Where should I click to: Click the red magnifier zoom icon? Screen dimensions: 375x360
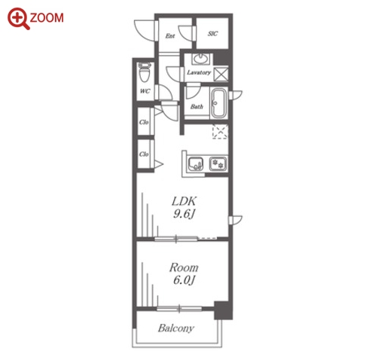(x=18, y=18)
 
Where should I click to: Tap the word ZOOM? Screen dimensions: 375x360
(x=47, y=18)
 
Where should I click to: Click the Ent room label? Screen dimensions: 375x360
(x=170, y=36)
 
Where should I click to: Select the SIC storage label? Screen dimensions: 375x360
(x=212, y=33)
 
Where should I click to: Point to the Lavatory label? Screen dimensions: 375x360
(x=199, y=72)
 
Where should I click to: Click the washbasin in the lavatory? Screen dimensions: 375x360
(x=200, y=59)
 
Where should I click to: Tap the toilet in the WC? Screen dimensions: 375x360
(x=145, y=72)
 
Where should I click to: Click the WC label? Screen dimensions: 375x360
(x=145, y=91)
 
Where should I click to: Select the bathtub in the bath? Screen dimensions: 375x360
(x=219, y=103)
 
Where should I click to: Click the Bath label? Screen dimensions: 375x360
(x=197, y=107)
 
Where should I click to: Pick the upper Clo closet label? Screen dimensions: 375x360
(x=144, y=122)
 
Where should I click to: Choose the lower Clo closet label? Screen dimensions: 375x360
(x=144, y=154)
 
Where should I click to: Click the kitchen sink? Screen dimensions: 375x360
(x=196, y=164)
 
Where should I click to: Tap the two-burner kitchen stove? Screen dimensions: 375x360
(x=218, y=164)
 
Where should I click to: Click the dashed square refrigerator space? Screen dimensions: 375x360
(x=220, y=132)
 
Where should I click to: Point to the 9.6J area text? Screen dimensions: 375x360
(x=184, y=214)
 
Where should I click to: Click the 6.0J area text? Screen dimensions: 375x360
(x=184, y=280)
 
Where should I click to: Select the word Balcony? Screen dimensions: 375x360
(x=176, y=328)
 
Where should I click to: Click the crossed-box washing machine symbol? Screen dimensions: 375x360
(x=221, y=75)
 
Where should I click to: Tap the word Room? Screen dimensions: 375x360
(x=184, y=267)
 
